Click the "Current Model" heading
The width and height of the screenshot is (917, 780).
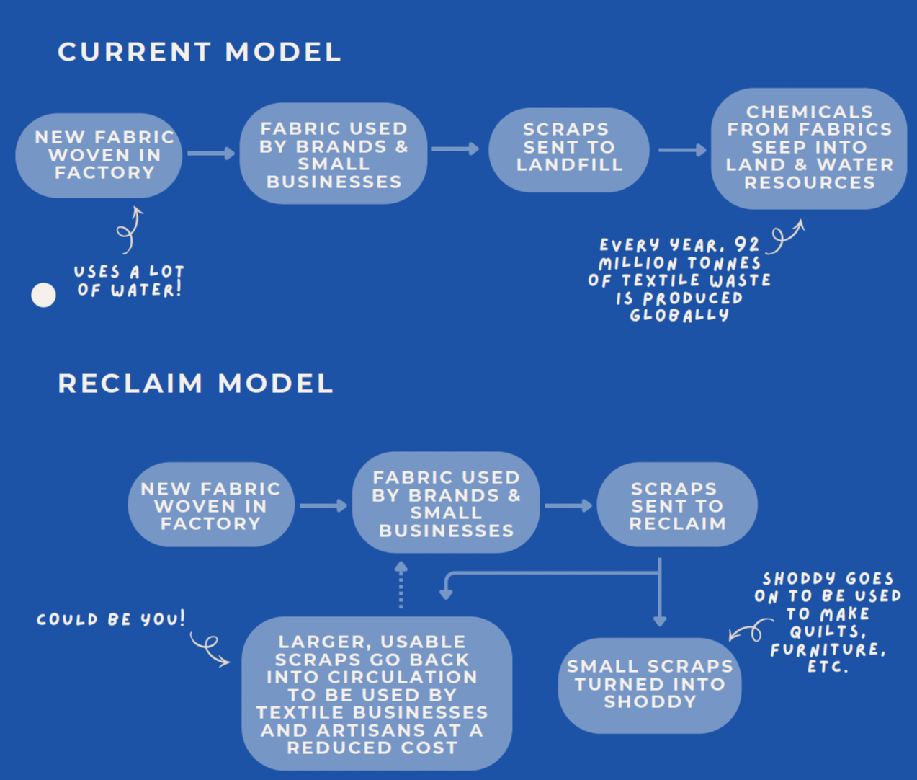click(x=200, y=52)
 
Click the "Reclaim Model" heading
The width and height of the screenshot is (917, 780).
click(x=195, y=384)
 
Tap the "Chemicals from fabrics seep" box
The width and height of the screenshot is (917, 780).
click(x=809, y=148)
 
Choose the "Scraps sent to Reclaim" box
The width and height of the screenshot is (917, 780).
click(x=677, y=506)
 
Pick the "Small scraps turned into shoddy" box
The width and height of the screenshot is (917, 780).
click(x=650, y=684)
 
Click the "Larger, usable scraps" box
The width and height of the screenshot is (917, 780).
click(x=377, y=694)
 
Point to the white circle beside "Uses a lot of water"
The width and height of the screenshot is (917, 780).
click(x=44, y=295)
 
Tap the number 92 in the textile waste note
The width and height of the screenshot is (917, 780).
click(x=747, y=245)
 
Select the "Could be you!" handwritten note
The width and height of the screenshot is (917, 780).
click(x=111, y=619)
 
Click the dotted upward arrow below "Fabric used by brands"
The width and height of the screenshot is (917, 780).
click(x=401, y=585)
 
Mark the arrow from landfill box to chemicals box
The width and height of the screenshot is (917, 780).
click(x=682, y=150)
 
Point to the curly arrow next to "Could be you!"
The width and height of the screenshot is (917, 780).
click(x=209, y=648)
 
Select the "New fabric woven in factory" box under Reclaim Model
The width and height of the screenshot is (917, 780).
click(x=211, y=506)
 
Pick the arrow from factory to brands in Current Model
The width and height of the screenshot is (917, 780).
click(x=211, y=153)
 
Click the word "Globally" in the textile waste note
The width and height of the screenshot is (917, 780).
click(x=679, y=316)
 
